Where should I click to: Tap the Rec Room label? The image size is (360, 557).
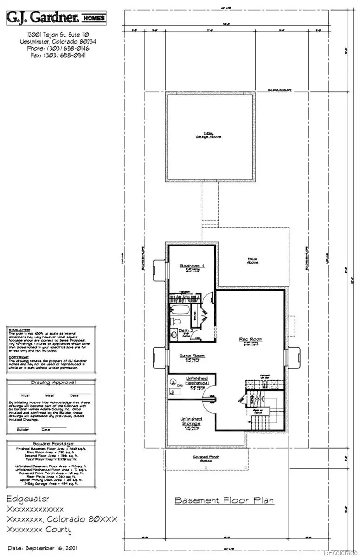pyautogui.click(x=251, y=339)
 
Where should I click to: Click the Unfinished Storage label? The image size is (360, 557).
pyautogui.click(x=191, y=421)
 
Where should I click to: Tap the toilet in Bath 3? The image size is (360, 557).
pyautogui.click(x=176, y=320)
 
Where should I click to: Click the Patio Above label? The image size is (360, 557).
pyautogui.click(x=253, y=260)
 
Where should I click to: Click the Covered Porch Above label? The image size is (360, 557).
pyautogui.click(x=206, y=458)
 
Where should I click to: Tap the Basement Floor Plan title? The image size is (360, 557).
pyautogui.click(x=224, y=501)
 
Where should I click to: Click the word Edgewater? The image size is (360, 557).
pyautogui.click(x=29, y=499)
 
